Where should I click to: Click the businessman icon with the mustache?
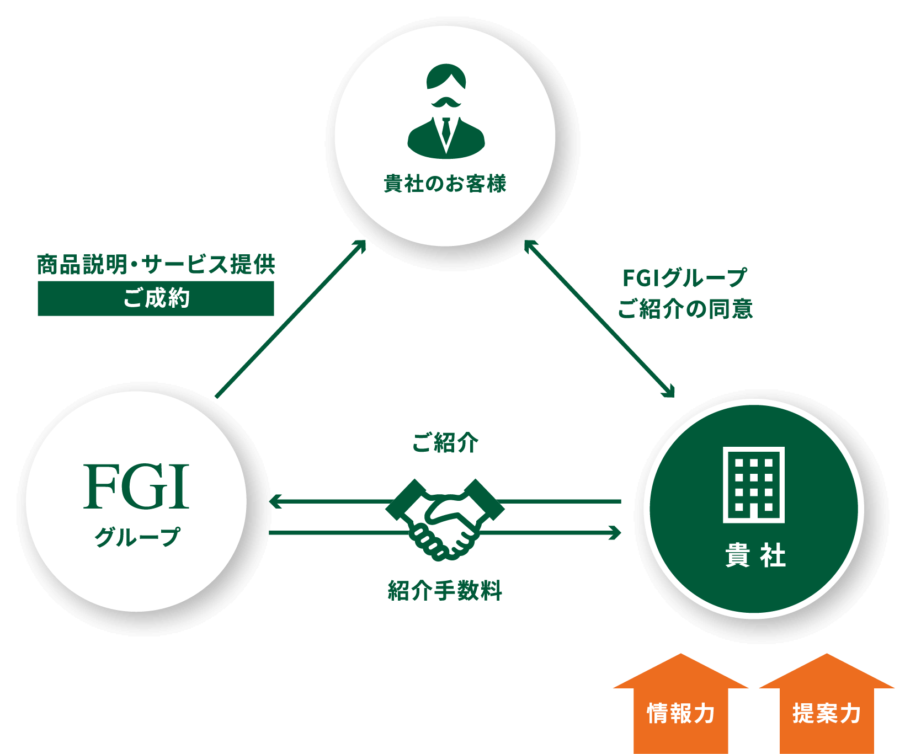(x=446, y=110)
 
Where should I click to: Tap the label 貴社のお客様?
(x=445, y=184)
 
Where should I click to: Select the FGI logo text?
(x=136, y=486)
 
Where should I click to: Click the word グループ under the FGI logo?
(x=137, y=536)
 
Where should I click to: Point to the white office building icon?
(x=753, y=485)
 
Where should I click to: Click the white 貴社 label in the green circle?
(x=754, y=555)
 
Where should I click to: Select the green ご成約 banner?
(x=156, y=298)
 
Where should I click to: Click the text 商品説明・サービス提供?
(x=156, y=265)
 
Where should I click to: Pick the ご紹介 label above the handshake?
(x=445, y=442)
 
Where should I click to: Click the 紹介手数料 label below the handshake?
(x=445, y=591)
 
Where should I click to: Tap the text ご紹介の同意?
(x=685, y=309)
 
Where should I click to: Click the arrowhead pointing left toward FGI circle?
(x=274, y=501)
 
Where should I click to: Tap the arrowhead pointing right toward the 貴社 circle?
(x=615, y=533)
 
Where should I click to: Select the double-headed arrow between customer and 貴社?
(x=599, y=318)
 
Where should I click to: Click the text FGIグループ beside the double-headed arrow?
(x=684, y=278)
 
